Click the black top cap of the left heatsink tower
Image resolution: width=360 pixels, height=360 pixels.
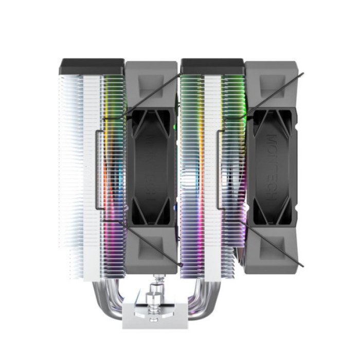click(92, 67)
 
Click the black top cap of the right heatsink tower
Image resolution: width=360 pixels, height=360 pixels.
click(212, 67)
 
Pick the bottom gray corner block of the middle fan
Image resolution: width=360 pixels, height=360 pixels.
click(151, 249)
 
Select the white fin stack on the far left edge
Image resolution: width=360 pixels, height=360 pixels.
click(69, 170)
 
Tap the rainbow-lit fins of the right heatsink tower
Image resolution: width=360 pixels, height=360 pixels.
click(193, 170)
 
